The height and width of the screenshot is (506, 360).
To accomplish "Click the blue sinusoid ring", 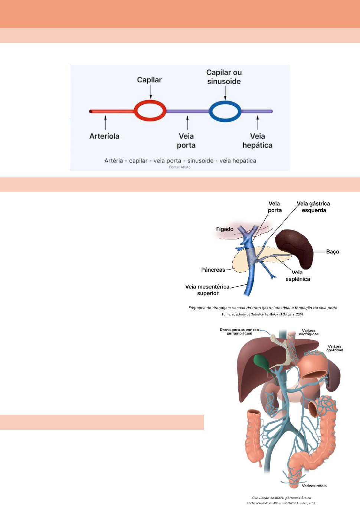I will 225,102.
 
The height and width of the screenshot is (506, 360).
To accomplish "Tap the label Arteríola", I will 104,136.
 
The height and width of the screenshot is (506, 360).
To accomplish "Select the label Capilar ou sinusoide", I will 224,77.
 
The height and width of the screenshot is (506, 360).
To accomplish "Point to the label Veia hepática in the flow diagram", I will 257,141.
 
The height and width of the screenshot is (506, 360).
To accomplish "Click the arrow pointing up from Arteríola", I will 105,122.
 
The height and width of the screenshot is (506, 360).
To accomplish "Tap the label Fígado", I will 225,229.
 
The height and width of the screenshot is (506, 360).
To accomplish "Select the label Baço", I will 333,252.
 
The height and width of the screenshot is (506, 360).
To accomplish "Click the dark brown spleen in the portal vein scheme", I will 297,247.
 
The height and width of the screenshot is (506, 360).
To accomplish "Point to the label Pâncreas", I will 213,270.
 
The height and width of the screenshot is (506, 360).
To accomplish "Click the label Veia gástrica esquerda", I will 314,207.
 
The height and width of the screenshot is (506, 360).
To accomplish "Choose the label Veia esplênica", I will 297,276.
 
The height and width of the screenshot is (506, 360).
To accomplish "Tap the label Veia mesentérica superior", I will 207,290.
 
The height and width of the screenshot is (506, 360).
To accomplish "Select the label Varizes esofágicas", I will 308,332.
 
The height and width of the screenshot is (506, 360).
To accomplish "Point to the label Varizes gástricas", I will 334,348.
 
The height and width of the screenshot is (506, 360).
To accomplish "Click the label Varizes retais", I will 314,486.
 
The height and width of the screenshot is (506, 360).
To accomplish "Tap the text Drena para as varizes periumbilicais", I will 239,332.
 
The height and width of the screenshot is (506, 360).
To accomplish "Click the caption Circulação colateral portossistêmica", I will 281,498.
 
